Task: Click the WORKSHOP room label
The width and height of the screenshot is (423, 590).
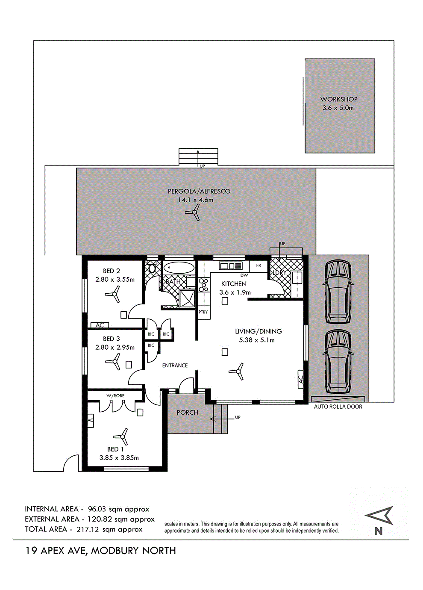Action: pyautogui.click(x=338, y=99)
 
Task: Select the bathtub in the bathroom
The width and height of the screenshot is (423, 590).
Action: pyautogui.click(x=179, y=268)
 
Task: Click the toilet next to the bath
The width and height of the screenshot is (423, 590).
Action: pyautogui.click(x=152, y=268)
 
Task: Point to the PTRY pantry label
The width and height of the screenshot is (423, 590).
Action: pyautogui.click(x=203, y=312)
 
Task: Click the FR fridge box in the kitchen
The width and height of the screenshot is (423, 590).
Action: pyautogui.click(x=258, y=266)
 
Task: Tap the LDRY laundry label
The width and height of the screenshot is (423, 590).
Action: pyautogui.click(x=279, y=273)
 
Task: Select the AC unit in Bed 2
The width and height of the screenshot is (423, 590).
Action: pyautogui.click(x=100, y=325)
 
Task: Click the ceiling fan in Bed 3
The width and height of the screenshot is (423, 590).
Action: pyautogui.click(x=114, y=361)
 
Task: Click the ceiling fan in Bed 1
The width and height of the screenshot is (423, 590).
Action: pyautogui.click(x=121, y=437)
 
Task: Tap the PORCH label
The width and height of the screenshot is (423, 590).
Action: pyautogui.click(x=187, y=413)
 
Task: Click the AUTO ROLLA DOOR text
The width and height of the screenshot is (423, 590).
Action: pyautogui.click(x=338, y=407)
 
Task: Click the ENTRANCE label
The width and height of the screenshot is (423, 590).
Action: pyautogui.click(x=175, y=365)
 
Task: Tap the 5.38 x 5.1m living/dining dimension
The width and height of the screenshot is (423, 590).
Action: pyautogui.click(x=257, y=340)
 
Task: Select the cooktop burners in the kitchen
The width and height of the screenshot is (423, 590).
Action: pyautogui.click(x=203, y=285)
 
